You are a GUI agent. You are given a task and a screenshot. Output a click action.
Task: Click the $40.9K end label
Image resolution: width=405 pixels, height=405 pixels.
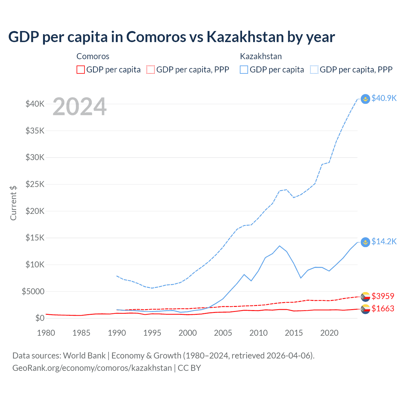(384, 98)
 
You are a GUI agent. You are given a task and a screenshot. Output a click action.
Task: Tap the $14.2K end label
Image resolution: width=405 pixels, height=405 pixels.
(384, 242)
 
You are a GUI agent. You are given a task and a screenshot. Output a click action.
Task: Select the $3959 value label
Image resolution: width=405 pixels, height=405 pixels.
(383, 296)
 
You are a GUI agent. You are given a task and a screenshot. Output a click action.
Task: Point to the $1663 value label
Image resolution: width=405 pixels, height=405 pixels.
(383, 308)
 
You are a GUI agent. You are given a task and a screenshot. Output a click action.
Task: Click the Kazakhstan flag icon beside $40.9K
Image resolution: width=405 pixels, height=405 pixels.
(365, 99)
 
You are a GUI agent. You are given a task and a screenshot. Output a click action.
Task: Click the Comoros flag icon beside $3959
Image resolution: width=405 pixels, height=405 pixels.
(365, 296)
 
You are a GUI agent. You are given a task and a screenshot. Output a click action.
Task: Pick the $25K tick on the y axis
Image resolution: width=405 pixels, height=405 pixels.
(35, 184)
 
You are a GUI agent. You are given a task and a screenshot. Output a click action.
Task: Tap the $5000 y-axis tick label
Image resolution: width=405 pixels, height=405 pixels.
(33, 291)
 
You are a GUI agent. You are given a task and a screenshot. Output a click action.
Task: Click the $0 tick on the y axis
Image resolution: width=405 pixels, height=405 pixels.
(40, 318)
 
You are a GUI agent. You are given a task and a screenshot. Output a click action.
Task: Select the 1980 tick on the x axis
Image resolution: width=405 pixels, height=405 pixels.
(46, 333)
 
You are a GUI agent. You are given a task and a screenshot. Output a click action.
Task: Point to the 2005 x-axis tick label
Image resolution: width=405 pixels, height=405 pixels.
(223, 333)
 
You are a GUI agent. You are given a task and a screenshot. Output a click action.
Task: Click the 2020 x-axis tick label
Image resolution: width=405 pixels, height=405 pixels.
(329, 333)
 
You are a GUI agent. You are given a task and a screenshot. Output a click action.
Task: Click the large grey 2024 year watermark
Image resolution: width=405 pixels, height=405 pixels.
(79, 107)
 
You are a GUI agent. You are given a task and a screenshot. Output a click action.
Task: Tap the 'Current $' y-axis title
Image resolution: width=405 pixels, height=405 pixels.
(13, 203)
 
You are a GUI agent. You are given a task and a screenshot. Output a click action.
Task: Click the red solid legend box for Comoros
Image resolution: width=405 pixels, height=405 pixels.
(81, 70)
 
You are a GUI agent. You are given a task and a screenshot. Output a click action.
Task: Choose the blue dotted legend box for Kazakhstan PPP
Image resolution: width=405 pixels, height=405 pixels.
(314, 70)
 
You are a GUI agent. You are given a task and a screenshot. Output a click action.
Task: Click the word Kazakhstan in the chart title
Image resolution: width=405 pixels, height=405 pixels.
(245, 37)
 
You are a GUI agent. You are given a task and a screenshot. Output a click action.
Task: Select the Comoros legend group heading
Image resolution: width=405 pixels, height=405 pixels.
(93, 56)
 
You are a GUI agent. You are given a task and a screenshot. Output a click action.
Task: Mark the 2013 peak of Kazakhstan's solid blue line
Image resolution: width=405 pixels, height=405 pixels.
(279, 246)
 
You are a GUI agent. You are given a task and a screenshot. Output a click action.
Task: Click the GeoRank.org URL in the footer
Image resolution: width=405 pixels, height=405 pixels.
(92, 368)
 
